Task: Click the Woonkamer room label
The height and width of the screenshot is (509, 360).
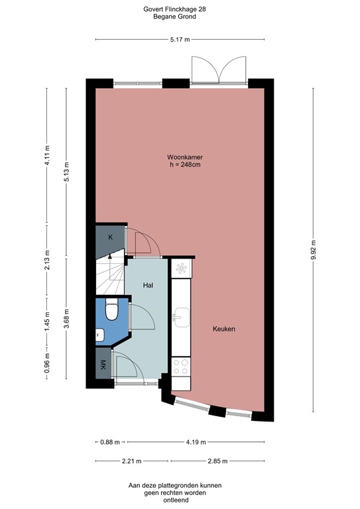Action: click(181, 157)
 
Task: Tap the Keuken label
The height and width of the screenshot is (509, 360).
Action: click(224, 329)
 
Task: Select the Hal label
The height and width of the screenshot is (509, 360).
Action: click(148, 285)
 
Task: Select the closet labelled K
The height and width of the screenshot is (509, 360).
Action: click(110, 237)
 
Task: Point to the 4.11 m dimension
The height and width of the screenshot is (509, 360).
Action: click(48, 157)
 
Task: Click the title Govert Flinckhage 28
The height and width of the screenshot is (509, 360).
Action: click(180, 9)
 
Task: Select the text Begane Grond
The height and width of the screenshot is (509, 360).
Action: click(180, 17)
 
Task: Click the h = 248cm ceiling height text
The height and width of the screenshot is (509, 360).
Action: click(181, 165)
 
